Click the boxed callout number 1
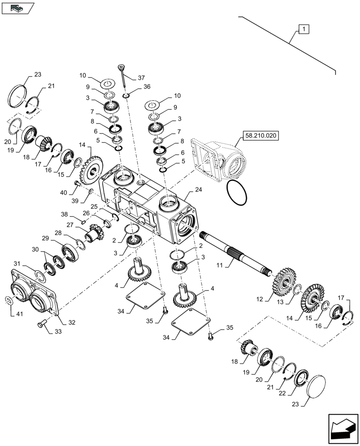click(x=303, y=29)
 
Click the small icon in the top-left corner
click(x=17, y=7)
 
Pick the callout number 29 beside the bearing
click(x=45, y=239)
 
